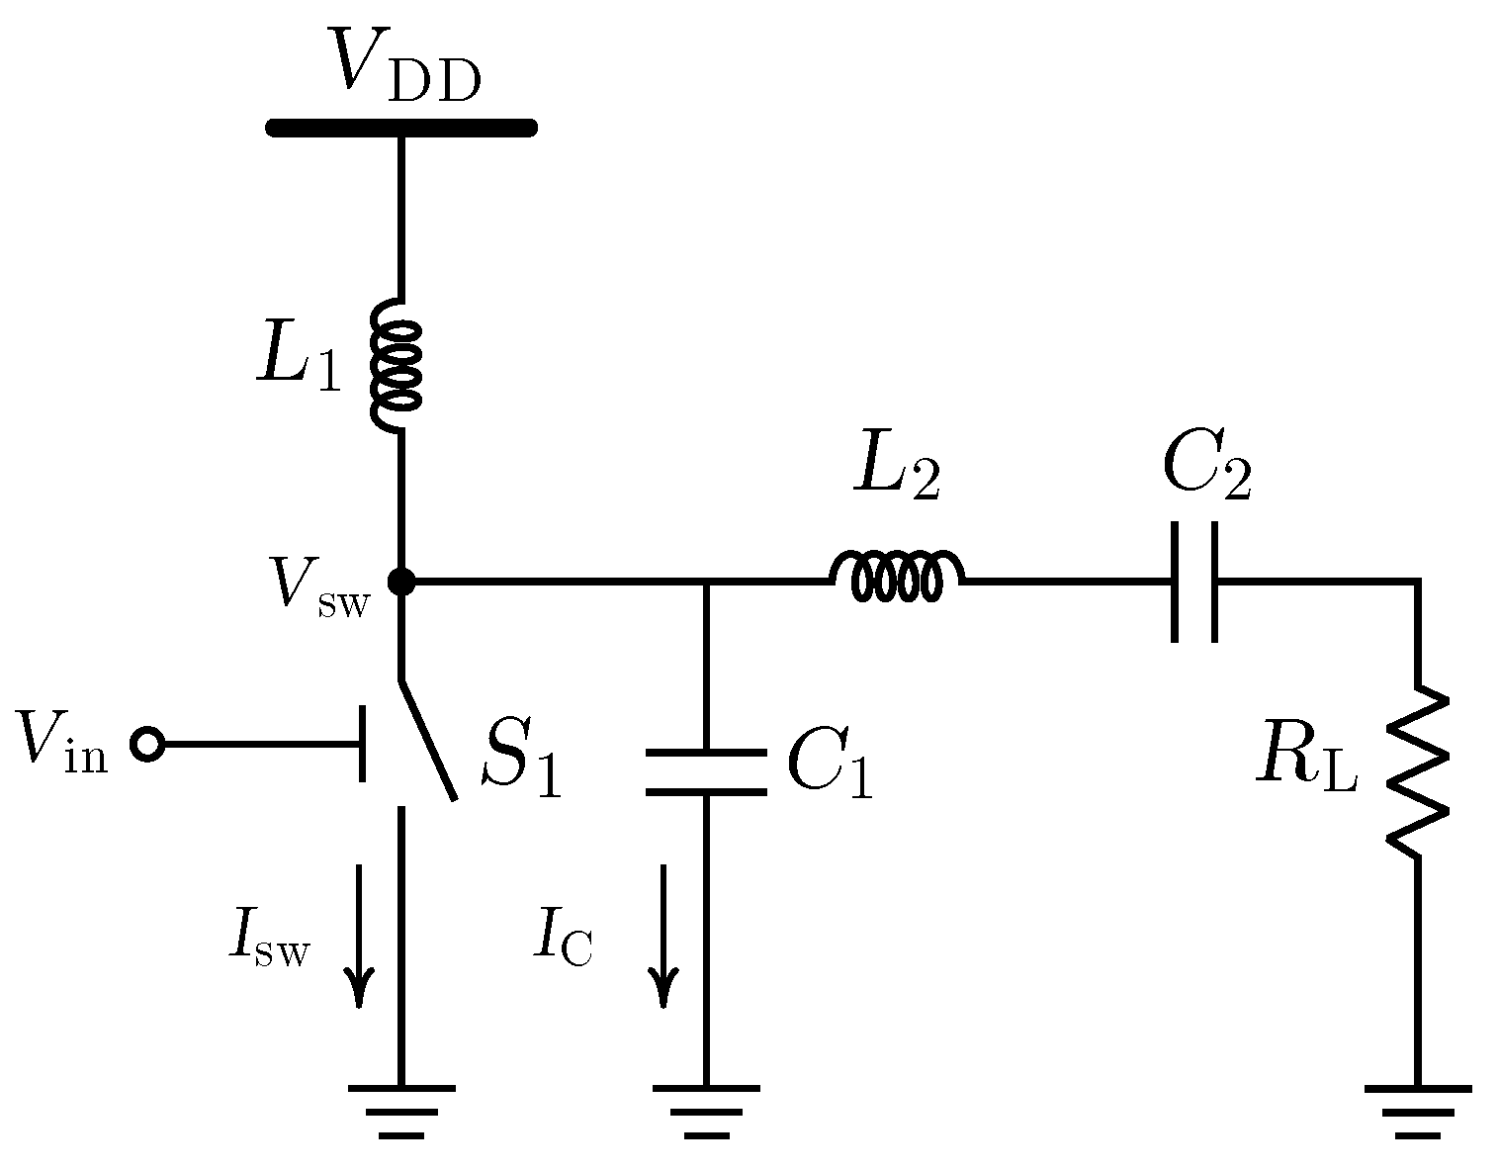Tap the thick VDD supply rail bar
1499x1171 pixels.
[400, 128]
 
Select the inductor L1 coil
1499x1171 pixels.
[397, 366]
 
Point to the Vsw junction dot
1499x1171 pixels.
[400, 582]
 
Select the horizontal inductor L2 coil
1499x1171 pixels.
[897, 577]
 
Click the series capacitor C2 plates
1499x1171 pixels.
[1194, 582]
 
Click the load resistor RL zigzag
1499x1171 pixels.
[1417, 771]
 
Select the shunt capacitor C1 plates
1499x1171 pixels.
[705, 771]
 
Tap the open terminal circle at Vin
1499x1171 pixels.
[147, 744]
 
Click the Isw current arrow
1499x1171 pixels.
[359, 935]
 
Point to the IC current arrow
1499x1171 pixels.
[663, 935]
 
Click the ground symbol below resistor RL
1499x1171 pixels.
[1417, 1108]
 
